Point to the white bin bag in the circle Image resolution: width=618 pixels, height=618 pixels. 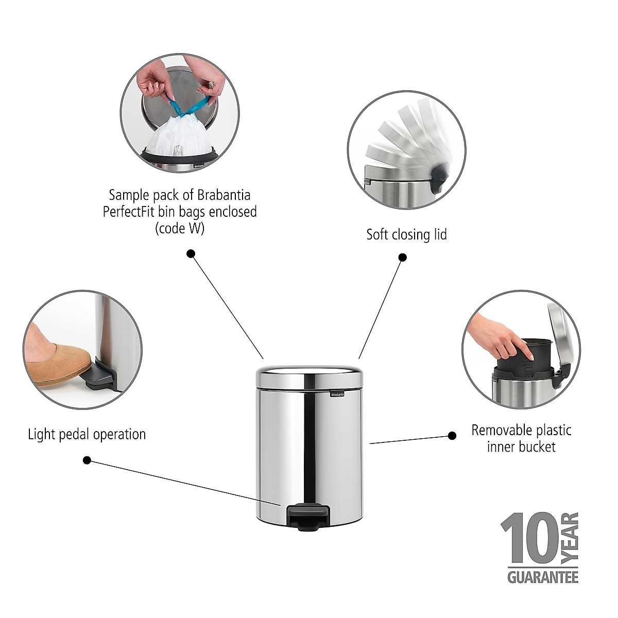tap(178, 137)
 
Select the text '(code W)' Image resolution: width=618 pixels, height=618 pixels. tap(180, 228)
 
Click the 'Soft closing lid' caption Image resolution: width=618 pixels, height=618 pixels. tap(406, 235)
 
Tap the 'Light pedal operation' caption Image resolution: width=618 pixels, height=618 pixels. tap(87, 434)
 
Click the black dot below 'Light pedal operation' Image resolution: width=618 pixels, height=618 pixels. tap(87, 460)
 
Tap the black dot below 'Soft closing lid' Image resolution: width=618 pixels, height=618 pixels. tap(403, 257)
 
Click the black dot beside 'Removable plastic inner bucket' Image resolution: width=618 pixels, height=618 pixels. tap(452, 436)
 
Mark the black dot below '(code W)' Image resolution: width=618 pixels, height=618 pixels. tap(191, 253)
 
